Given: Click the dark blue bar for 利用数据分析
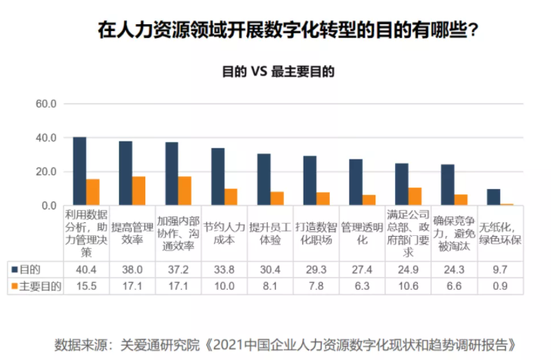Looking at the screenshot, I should (79, 171).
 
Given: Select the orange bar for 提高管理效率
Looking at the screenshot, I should (139, 191).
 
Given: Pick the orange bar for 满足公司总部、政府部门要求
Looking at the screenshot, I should (415, 197).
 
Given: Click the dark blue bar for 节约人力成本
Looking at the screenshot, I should (217, 176).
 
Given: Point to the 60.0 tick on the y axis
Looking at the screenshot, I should (47, 104).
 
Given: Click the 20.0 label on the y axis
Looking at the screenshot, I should (47, 172).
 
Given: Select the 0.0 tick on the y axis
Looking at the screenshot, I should (47, 206).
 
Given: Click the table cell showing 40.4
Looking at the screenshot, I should (86, 268).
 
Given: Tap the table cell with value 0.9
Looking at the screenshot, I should (499, 287).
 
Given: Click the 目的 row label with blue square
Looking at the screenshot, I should (30, 268).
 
